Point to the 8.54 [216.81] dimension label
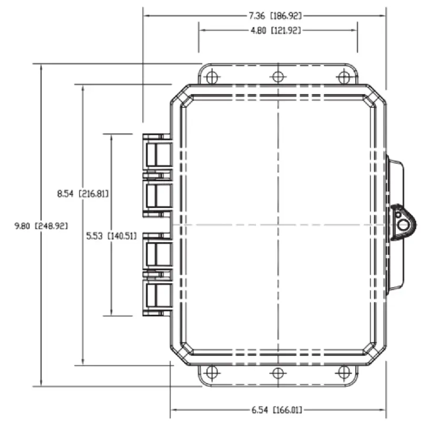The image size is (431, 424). point(83,193)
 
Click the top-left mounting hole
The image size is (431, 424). point(211,77)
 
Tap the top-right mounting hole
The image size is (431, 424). point(344,77)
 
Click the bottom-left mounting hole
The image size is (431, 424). point(211,373)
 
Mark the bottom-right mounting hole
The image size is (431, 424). point(344,373)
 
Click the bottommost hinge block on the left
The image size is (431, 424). point(157,297)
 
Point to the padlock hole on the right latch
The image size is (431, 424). point(403,225)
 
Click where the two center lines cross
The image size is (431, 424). point(278,225)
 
